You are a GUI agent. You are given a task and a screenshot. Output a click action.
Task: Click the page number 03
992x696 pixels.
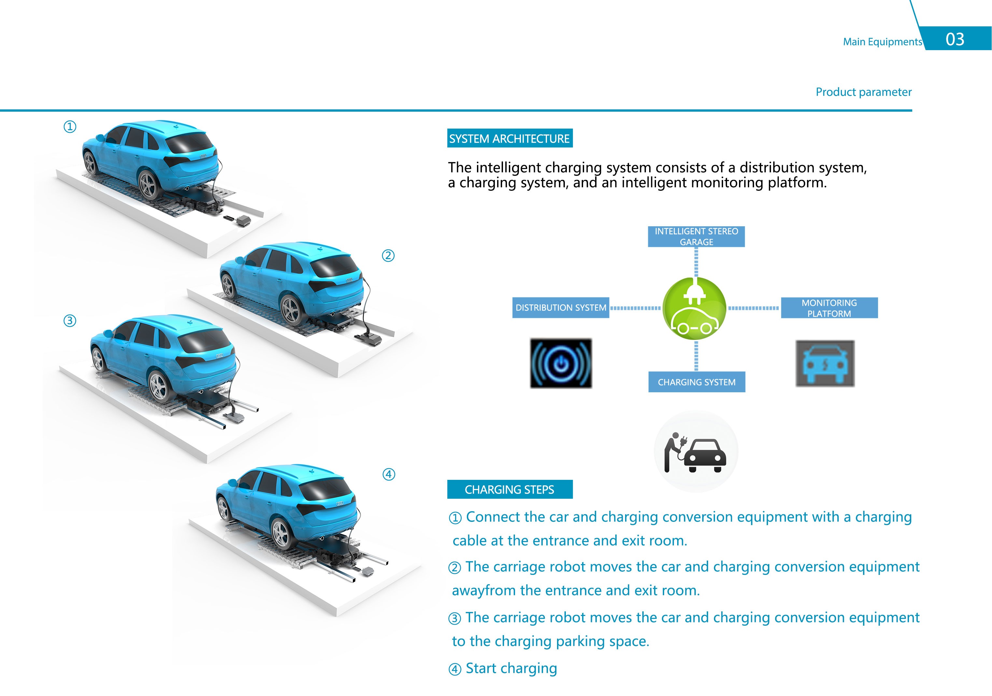coord(955,39)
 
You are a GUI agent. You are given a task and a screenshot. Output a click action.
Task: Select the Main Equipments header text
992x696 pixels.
coord(882,42)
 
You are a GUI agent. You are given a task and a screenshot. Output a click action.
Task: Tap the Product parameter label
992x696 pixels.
coord(864,92)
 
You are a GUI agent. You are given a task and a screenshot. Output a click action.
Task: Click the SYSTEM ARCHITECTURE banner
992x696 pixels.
coord(510,138)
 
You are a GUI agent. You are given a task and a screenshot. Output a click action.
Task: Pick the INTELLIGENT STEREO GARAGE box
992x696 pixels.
coord(696,237)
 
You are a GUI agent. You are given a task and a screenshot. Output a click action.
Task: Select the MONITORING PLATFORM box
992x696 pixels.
coord(830,308)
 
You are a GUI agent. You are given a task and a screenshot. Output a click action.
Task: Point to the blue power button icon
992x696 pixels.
coord(561,363)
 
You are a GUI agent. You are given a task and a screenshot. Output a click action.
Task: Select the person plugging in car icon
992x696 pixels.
coord(696,452)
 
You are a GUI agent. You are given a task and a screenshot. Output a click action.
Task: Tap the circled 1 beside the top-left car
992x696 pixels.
coord(70,127)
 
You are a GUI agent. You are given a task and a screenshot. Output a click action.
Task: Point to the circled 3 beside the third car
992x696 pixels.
coord(70,321)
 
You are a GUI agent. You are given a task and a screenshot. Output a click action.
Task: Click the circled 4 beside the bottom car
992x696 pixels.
coord(389,474)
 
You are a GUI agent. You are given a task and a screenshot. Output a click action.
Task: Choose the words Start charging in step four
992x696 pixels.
coord(511,668)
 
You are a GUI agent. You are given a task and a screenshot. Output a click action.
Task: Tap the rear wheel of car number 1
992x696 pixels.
coord(148,185)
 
